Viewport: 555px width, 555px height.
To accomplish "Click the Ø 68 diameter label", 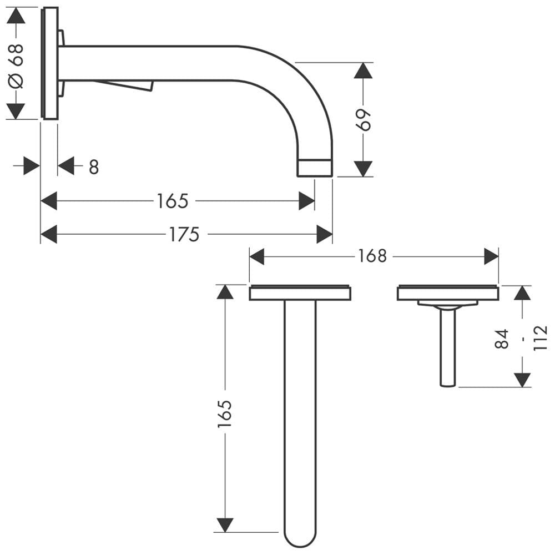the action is click(17, 66).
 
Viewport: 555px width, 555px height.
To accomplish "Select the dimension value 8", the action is click(94, 167).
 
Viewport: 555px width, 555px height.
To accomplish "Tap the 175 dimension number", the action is click(184, 234).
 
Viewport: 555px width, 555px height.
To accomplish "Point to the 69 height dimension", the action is click(364, 120).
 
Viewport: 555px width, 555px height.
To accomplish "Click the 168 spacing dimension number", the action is click(372, 256).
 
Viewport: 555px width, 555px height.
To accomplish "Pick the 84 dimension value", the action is click(502, 339).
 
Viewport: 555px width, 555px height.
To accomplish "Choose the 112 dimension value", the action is click(540, 339).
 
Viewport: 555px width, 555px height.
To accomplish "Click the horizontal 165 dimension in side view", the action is click(173, 201).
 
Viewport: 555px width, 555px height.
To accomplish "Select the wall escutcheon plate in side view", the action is click(50, 63).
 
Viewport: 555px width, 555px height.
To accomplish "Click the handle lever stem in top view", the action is click(448, 347).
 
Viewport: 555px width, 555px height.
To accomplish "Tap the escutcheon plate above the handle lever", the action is click(448, 292).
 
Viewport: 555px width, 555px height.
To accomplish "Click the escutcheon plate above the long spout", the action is click(300, 292).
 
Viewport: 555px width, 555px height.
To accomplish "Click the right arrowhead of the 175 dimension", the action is click(325, 234).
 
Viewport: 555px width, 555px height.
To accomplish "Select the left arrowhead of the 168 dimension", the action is click(256, 256).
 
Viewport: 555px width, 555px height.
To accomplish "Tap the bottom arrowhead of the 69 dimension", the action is click(363, 169).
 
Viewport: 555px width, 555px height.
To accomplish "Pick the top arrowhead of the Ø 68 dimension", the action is click(16, 15).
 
